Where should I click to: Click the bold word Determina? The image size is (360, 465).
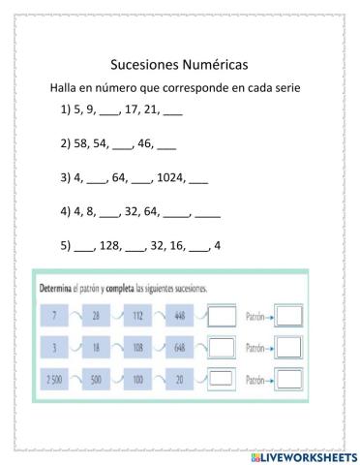tap(66, 289)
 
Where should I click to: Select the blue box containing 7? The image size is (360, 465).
tap(54, 316)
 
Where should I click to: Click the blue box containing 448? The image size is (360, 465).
tap(180, 316)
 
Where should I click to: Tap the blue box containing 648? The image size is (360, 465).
tap(180, 347)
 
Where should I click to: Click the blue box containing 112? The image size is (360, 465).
tap(137, 316)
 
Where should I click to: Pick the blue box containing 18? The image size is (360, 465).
tap(97, 347)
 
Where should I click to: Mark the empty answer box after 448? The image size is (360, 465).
tap(223, 316)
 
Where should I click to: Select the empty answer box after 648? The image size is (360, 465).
tap(223, 347)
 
